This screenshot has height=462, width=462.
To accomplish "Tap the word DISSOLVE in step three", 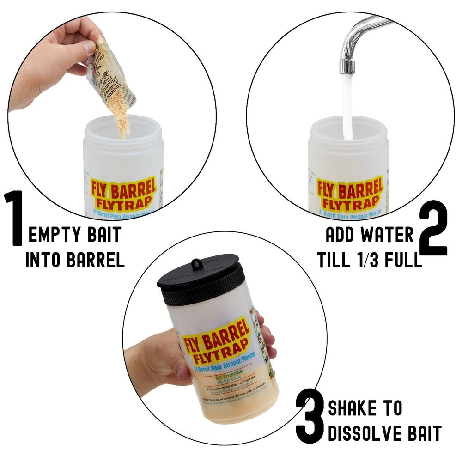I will click(x=363, y=434).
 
